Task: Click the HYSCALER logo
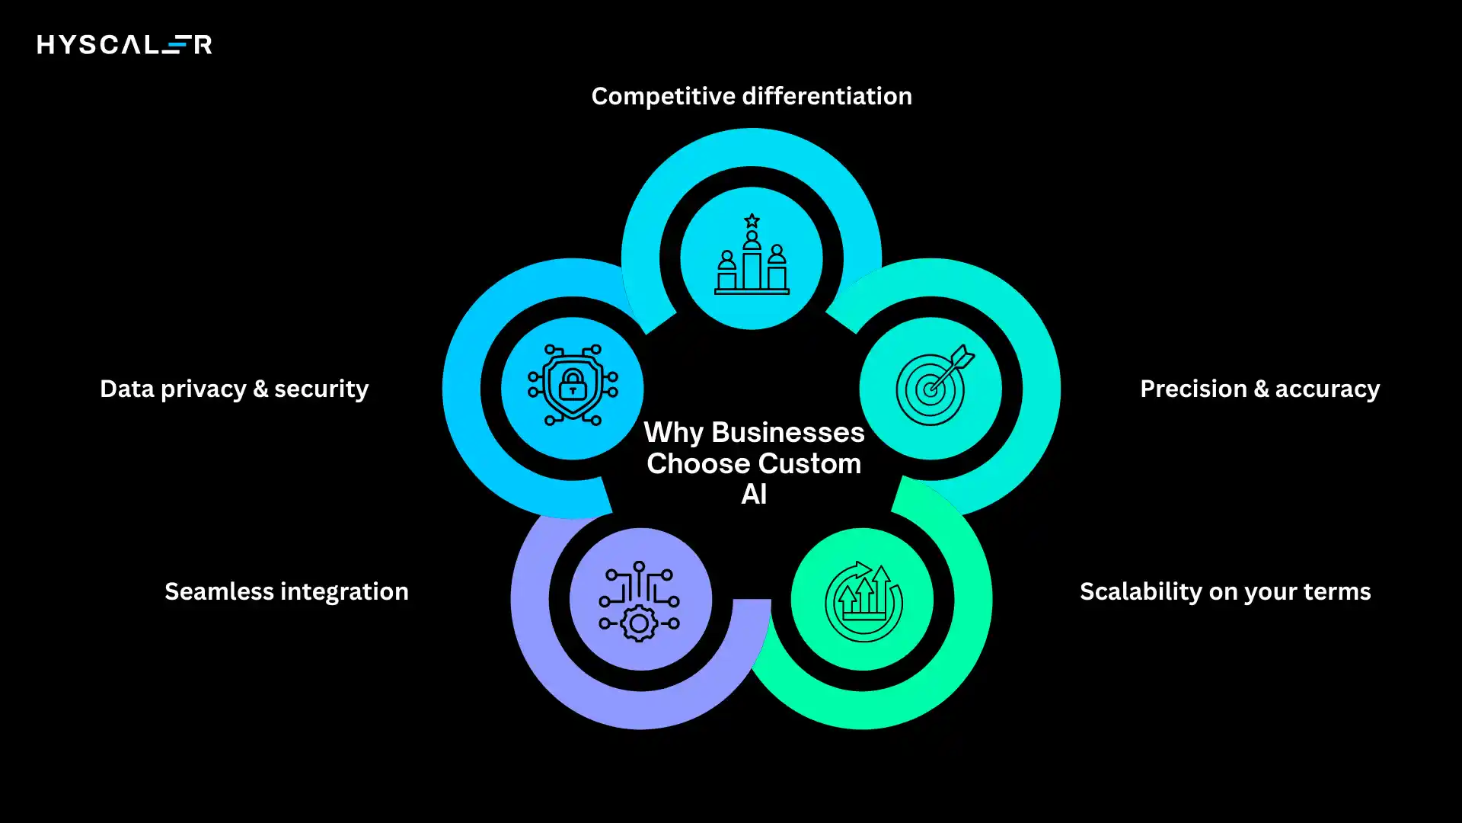point(124,45)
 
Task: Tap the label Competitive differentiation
point(752,97)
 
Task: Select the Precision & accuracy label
point(1259,389)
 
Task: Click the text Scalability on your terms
point(1225,592)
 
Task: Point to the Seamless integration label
point(286,592)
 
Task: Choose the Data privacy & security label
point(234,389)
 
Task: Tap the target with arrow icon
point(931,387)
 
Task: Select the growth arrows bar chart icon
point(863,600)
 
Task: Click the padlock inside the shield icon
point(573,385)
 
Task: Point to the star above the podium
point(752,221)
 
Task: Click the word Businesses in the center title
point(787,433)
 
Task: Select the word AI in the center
point(754,495)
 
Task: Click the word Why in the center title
point(674,433)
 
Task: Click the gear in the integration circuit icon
point(640,624)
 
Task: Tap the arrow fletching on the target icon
point(963,356)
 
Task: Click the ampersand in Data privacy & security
point(260,389)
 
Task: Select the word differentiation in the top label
point(826,97)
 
